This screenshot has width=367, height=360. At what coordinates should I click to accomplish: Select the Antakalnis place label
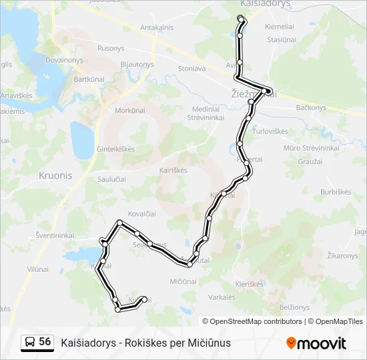[x=157, y=27]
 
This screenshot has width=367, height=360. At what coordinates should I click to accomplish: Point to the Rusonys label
[x=111, y=49]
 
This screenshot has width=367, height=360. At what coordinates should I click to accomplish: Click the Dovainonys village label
[x=63, y=59]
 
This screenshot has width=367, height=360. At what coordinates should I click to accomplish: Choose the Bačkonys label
[x=310, y=107]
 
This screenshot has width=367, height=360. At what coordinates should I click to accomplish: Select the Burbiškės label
[x=336, y=192]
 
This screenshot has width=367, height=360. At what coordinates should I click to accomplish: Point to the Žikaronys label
[x=343, y=256]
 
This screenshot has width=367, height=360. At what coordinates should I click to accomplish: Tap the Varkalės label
[x=222, y=297]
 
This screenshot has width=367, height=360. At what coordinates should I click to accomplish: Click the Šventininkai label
[x=55, y=235]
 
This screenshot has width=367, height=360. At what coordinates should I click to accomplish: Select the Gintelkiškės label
[x=116, y=149]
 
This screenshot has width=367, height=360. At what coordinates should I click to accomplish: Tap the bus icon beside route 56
[x=30, y=342]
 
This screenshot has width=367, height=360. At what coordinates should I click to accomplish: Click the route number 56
[x=45, y=342]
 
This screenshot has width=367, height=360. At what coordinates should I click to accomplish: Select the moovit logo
[x=316, y=343]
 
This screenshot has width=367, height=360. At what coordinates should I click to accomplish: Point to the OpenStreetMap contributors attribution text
[x=252, y=321]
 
